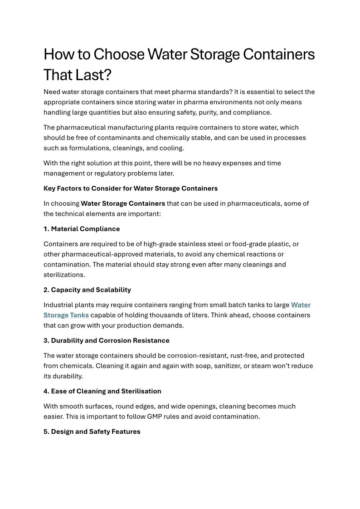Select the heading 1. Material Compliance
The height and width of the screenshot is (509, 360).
click(x=82, y=229)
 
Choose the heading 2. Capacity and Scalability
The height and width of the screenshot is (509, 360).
click(x=87, y=290)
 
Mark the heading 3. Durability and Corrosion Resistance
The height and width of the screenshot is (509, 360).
click(x=106, y=340)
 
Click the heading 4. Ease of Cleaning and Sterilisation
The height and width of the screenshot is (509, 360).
click(x=102, y=391)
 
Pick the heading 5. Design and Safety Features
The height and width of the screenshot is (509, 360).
click(x=92, y=431)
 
